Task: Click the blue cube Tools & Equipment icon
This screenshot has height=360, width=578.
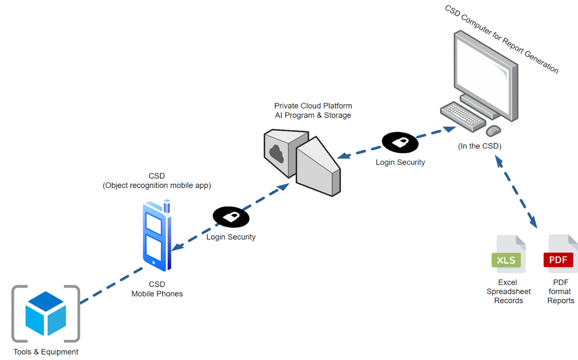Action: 46,313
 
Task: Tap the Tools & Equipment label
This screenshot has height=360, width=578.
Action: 46,352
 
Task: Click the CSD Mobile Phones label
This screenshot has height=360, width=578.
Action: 157,289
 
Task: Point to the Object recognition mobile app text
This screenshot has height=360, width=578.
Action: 157,185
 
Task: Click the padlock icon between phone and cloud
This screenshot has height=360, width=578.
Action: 231,217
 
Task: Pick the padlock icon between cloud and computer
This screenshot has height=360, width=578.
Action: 400,142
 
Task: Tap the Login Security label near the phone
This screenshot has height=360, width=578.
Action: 231,237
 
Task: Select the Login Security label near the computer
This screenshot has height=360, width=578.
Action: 400,162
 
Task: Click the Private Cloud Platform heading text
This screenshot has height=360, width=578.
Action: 313,106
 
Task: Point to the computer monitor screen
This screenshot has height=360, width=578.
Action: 482,70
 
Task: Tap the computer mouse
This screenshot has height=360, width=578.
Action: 493,130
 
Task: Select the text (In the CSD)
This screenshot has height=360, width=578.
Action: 479,146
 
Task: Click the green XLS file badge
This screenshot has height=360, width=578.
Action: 506,260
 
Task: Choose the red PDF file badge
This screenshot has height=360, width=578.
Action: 558,260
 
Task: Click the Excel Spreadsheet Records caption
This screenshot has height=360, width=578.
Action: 508,291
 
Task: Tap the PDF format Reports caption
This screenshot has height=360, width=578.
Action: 560,291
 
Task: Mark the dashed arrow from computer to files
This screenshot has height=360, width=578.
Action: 516,192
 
